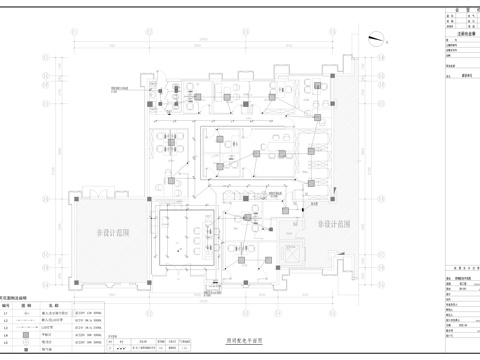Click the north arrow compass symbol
tap(376, 40)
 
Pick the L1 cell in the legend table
tap(7, 313)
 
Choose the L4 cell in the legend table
tap(7, 334)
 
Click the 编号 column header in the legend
tap(7, 305)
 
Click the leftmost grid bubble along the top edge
tap(77, 29)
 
